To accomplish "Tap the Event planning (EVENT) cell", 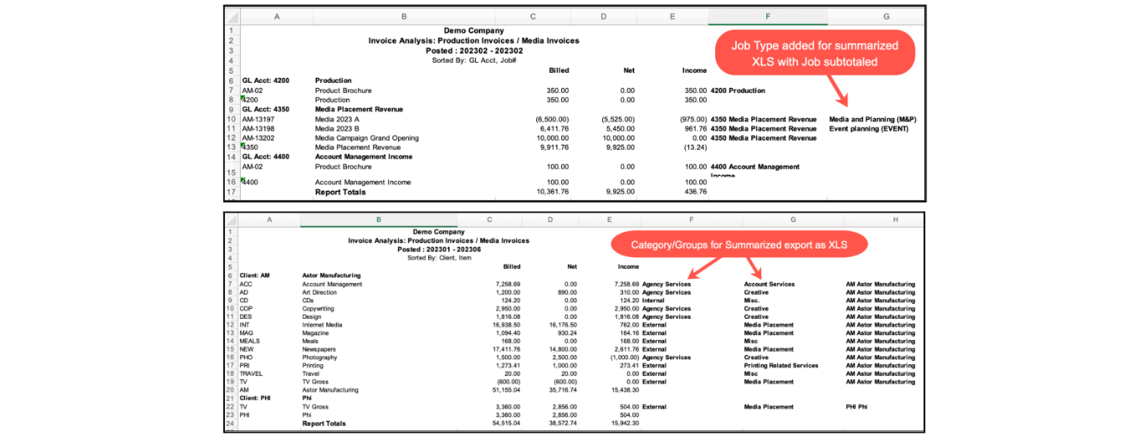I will click(867, 129).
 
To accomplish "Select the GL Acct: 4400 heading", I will click(264, 157).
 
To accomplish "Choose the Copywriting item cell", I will click(320, 309).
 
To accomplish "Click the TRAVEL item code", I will click(251, 374).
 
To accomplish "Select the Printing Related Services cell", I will click(780, 366).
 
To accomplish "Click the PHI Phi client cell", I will click(857, 407).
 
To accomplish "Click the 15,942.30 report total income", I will click(622, 424).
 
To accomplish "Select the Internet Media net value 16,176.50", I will click(558, 325).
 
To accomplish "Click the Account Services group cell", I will click(769, 285).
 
